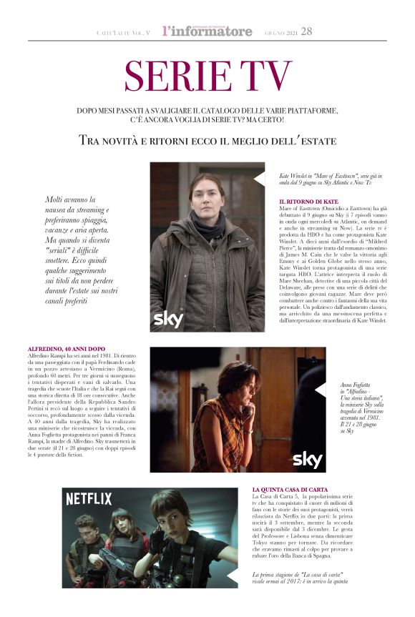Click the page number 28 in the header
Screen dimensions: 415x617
306,31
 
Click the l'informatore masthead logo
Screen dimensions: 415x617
207,31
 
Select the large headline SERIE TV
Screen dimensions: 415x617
207,76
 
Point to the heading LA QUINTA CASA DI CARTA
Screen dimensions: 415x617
290,489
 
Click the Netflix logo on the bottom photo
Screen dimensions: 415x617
89,499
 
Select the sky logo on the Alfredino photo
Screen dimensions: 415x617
308,459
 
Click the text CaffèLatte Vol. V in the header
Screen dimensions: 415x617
123,33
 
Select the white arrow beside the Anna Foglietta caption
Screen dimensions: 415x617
320,390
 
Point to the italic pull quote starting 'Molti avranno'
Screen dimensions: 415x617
78,250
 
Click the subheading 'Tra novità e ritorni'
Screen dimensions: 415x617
207,140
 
